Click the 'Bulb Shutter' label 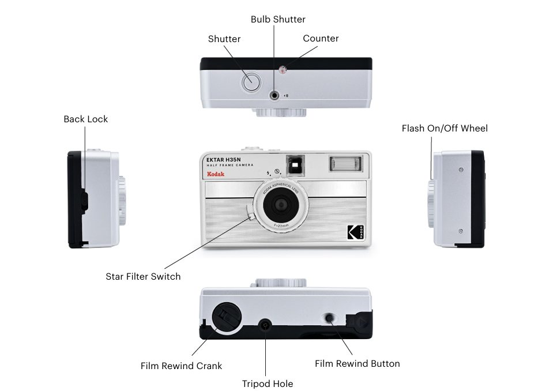click(278, 20)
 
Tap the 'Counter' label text click(321, 39)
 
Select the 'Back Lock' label click(85, 119)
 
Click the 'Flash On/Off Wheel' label click(445, 128)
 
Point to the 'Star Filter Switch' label click(143, 277)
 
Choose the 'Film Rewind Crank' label click(181, 366)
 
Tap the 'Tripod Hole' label click(267, 384)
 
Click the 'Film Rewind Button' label click(357, 363)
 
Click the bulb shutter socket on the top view click(274, 95)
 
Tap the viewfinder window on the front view click(295, 165)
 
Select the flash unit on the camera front click(345, 164)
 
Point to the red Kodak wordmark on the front click(216, 174)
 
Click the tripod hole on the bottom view click(265, 325)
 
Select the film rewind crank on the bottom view click(225, 318)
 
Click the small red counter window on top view click(283, 70)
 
